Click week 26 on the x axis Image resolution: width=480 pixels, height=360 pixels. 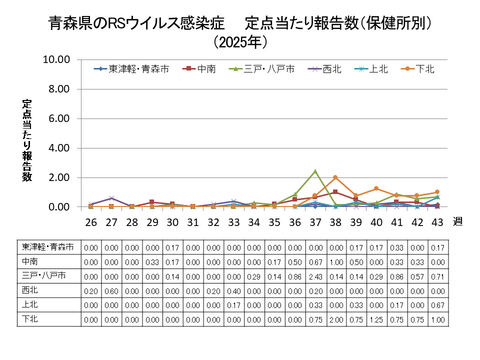(91, 221)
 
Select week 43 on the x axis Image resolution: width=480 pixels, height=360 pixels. (437, 221)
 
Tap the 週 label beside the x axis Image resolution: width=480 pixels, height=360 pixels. (457, 221)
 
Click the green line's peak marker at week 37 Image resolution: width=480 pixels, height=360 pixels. (315, 171)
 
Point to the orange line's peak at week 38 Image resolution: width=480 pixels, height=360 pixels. (335, 178)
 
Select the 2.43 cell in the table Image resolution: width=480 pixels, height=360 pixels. (315, 274)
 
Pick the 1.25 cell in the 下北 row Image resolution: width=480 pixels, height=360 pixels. (376, 317)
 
